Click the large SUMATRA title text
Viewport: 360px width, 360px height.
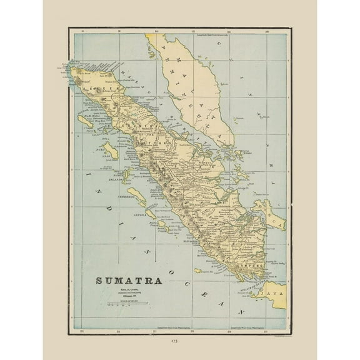pyautogui.click(x=129, y=281)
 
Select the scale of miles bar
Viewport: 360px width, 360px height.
pyautogui.click(x=130, y=303)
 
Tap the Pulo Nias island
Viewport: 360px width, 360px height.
pyautogui.click(x=110, y=150)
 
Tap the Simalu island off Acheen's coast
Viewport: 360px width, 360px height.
pyautogui.click(x=86, y=121)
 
